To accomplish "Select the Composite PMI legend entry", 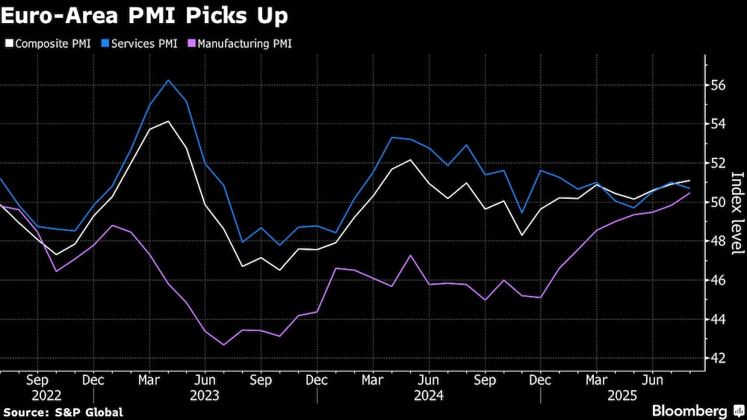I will coord(48,43).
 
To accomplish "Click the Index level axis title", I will coord(737,213).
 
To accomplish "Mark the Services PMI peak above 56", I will coord(168,80).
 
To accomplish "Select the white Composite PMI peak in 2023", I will coord(168,121).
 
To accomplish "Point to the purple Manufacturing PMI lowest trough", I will coord(223,345).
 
